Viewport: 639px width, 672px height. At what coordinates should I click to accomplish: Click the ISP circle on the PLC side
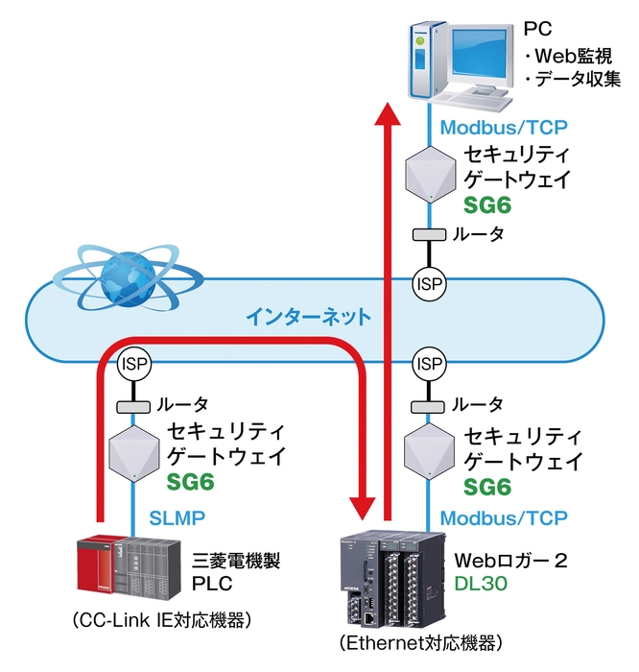(132, 364)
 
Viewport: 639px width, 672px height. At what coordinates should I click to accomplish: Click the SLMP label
(177, 517)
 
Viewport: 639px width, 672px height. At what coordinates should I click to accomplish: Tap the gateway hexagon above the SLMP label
(132, 451)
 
